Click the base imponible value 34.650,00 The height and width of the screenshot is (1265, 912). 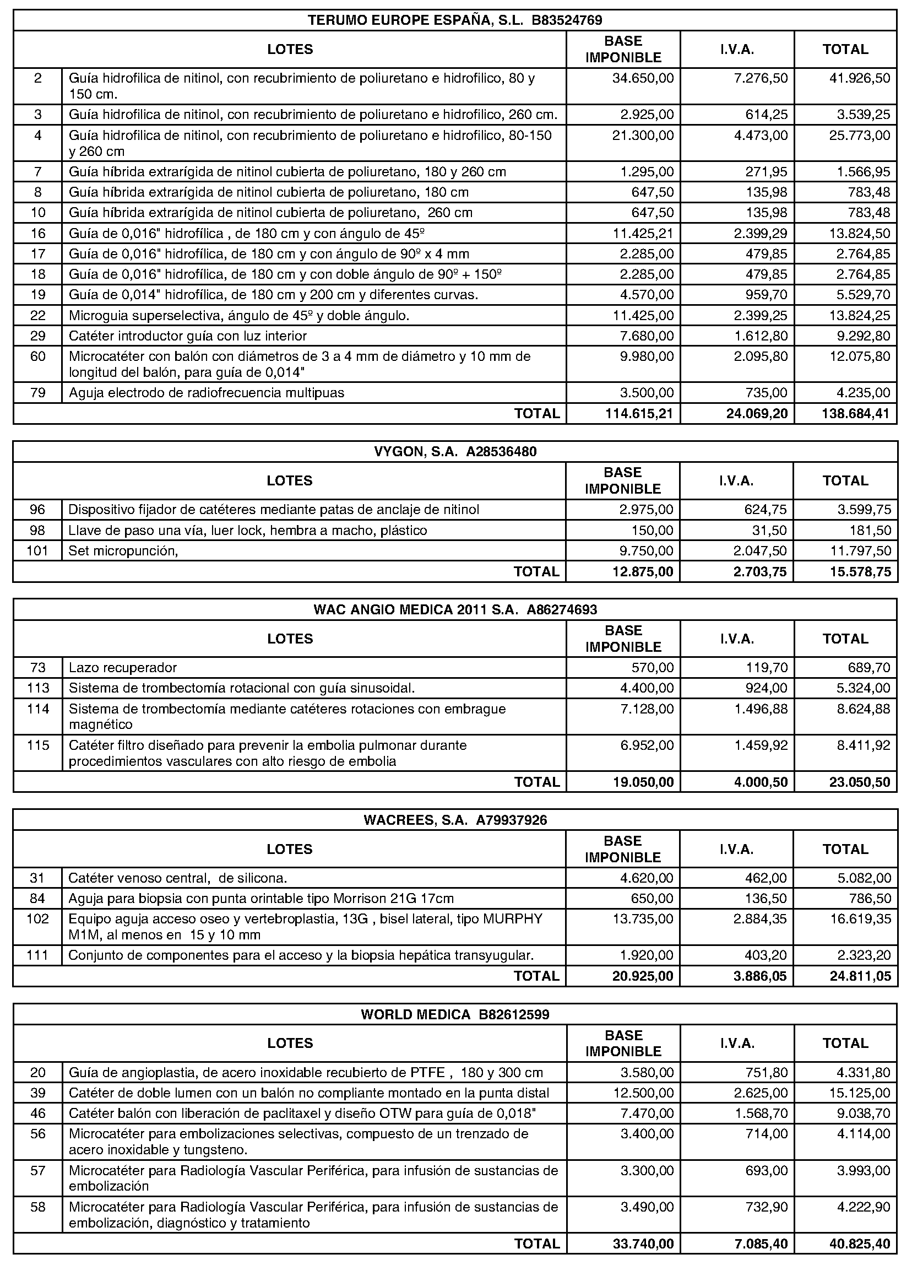click(643, 78)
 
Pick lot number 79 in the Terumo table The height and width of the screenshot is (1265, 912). click(38, 393)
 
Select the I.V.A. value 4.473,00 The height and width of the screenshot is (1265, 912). click(761, 136)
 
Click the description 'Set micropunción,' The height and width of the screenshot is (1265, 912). click(123, 551)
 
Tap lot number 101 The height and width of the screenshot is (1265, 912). click(38, 551)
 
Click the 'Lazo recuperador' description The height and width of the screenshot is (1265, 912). click(123, 668)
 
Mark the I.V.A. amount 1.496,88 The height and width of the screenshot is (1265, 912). click(761, 709)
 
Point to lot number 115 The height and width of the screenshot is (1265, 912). click(38, 745)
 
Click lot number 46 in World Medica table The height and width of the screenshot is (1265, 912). click(38, 1113)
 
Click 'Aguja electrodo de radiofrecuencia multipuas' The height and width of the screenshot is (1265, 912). click(207, 393)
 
